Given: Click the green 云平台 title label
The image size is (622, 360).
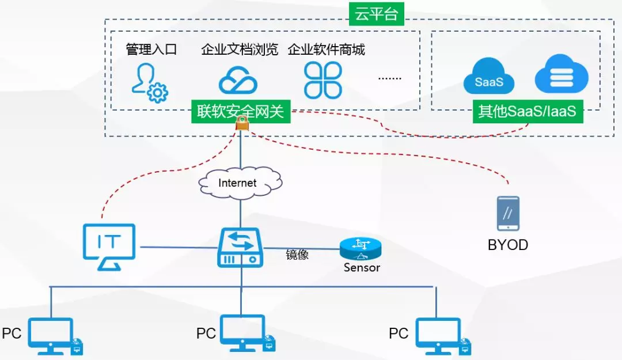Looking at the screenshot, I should click(x=377, y=14).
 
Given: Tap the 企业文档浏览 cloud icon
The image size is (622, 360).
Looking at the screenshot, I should click(x=237, y=80).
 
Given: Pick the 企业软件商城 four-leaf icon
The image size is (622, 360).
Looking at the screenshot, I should click(x=323, y=80).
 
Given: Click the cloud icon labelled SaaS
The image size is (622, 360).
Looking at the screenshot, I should click(x=489, y=81).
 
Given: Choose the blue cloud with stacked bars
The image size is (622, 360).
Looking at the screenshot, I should click(x=562, y=74).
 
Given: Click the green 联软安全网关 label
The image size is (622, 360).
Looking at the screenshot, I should click(x=241, y=111).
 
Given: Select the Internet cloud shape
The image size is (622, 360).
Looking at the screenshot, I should click(x=240, y=183).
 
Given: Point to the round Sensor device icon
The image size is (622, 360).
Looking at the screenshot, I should click(x=360, y=248).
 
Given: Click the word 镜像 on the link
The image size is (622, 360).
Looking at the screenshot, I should click(x=298, y=254).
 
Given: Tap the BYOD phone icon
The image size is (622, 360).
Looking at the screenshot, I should click(x=508, y=214).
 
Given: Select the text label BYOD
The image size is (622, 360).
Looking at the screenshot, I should click(x=508, y=245).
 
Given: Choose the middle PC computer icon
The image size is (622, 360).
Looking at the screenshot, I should click(x=243, y=334).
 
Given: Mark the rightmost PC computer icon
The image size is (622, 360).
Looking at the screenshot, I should click(x=439, y=336).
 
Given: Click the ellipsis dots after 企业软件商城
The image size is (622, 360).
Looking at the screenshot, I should click(x=389, y=78).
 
